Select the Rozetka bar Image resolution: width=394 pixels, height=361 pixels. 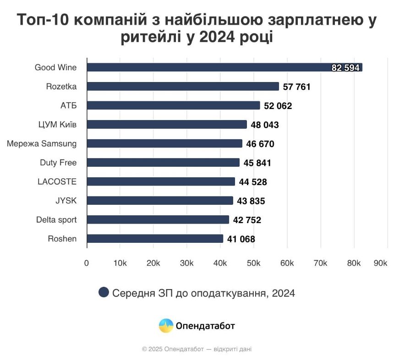point(183,87)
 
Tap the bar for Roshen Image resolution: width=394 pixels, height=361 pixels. point(155,239)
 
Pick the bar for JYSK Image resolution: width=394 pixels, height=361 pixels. point(160,201)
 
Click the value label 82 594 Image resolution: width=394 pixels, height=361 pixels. point(346,68)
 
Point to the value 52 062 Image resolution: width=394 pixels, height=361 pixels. point(278,106)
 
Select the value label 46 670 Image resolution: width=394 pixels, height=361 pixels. point(260,144)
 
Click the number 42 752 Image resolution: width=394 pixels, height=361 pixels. point(247,220)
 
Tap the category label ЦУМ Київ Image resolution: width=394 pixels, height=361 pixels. point(57,125)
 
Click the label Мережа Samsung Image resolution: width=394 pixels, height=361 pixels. point(42,144)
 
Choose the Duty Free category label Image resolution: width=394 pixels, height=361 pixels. point(58,163)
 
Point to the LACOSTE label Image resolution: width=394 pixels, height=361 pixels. point(57,182)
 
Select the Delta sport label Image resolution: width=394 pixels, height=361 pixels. point(56,220)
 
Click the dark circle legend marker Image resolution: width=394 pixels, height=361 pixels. point(104,293)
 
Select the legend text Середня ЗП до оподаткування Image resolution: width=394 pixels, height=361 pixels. point(203,293)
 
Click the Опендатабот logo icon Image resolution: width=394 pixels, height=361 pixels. point(166,326)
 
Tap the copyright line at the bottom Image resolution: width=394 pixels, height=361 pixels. point(197,349)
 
